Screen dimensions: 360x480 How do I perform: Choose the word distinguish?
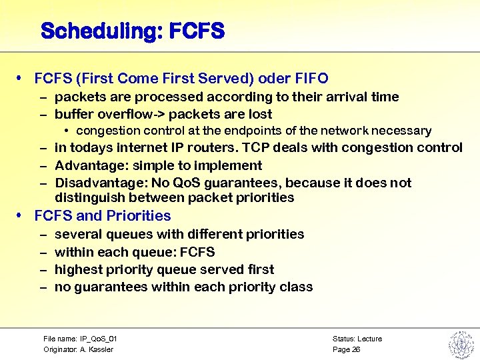click(85, 197)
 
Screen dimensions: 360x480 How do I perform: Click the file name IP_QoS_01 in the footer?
click(96, 339)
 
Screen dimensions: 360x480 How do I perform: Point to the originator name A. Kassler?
click(97, 349)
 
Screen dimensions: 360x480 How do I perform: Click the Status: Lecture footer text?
click(357, 339)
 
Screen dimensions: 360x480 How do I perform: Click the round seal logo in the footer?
click(460, 343)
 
